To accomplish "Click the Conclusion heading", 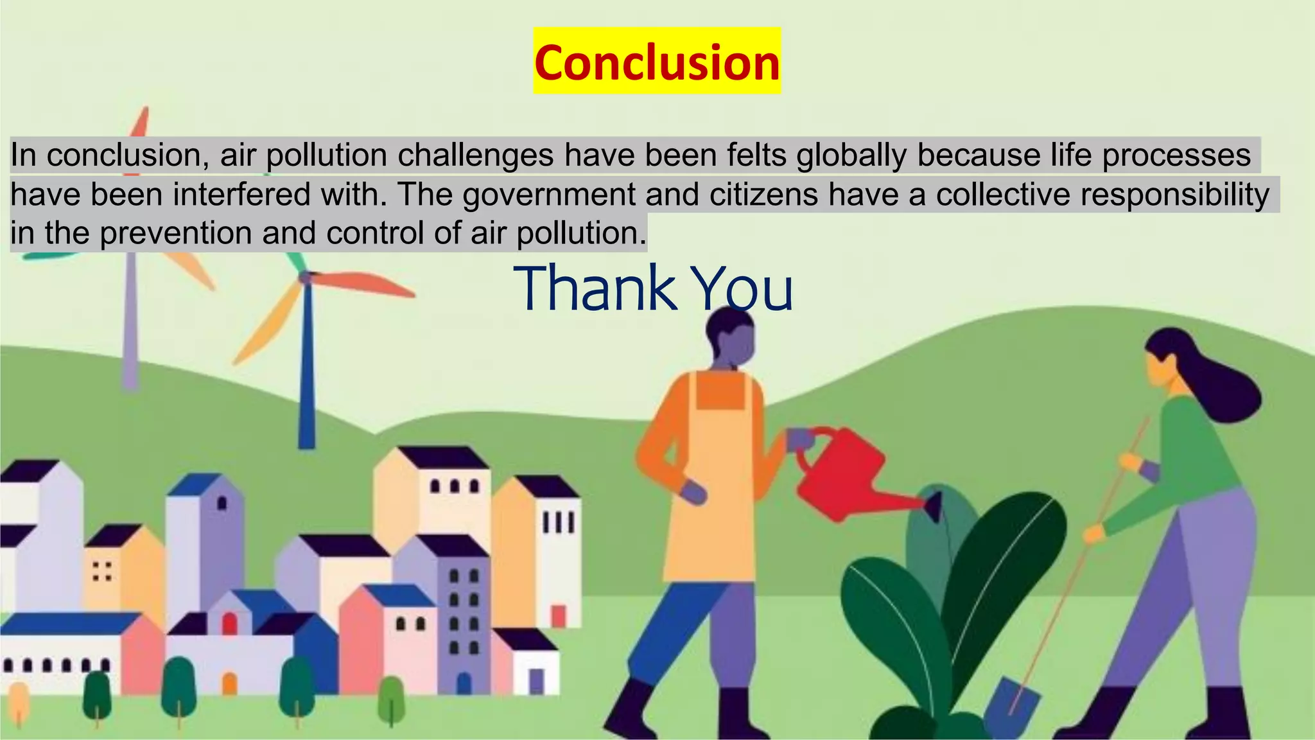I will pyautogui.click(x=657, y=62).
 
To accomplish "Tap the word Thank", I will pyautogui.click(x=594, y=288).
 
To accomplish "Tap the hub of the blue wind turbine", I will pyautogui.click(x=306, y=277).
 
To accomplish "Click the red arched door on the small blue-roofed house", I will pyautogui.click(x=229, y=623).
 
